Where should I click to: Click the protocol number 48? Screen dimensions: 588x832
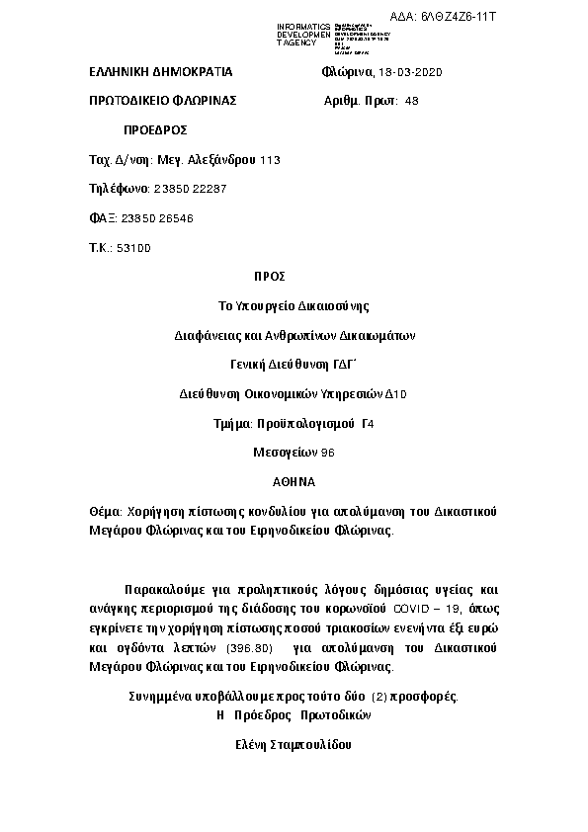pyautogui.click(x=412, y=101)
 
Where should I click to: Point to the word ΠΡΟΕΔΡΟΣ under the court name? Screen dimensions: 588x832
pyautogui.click(x=155, y=130)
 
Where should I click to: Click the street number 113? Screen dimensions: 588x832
pyautogui.click(x=270, y=159)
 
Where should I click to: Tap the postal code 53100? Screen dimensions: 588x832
pyautogui.click(x=133, y=247)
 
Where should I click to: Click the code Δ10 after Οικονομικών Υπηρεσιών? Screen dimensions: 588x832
pyautogui.click(x=395, y=393)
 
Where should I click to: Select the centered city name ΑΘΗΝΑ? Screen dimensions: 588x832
pyautogui.click(x=294, y=481)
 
